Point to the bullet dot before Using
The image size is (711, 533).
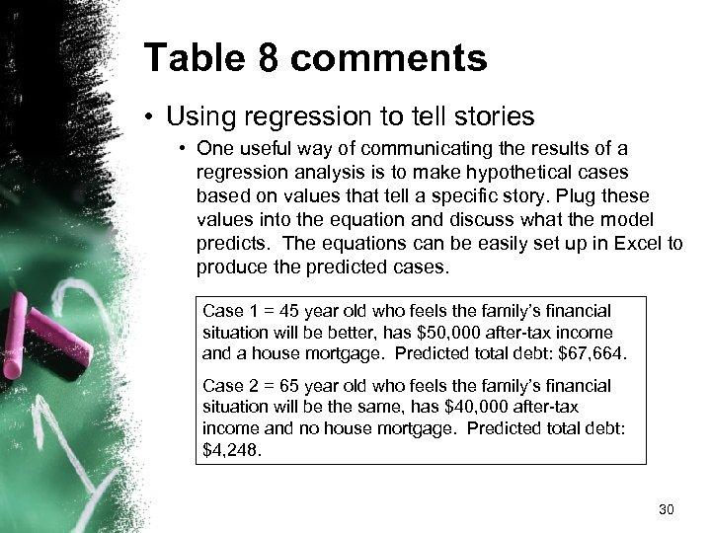click(152, 117)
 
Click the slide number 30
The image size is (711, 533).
click(666, 510)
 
